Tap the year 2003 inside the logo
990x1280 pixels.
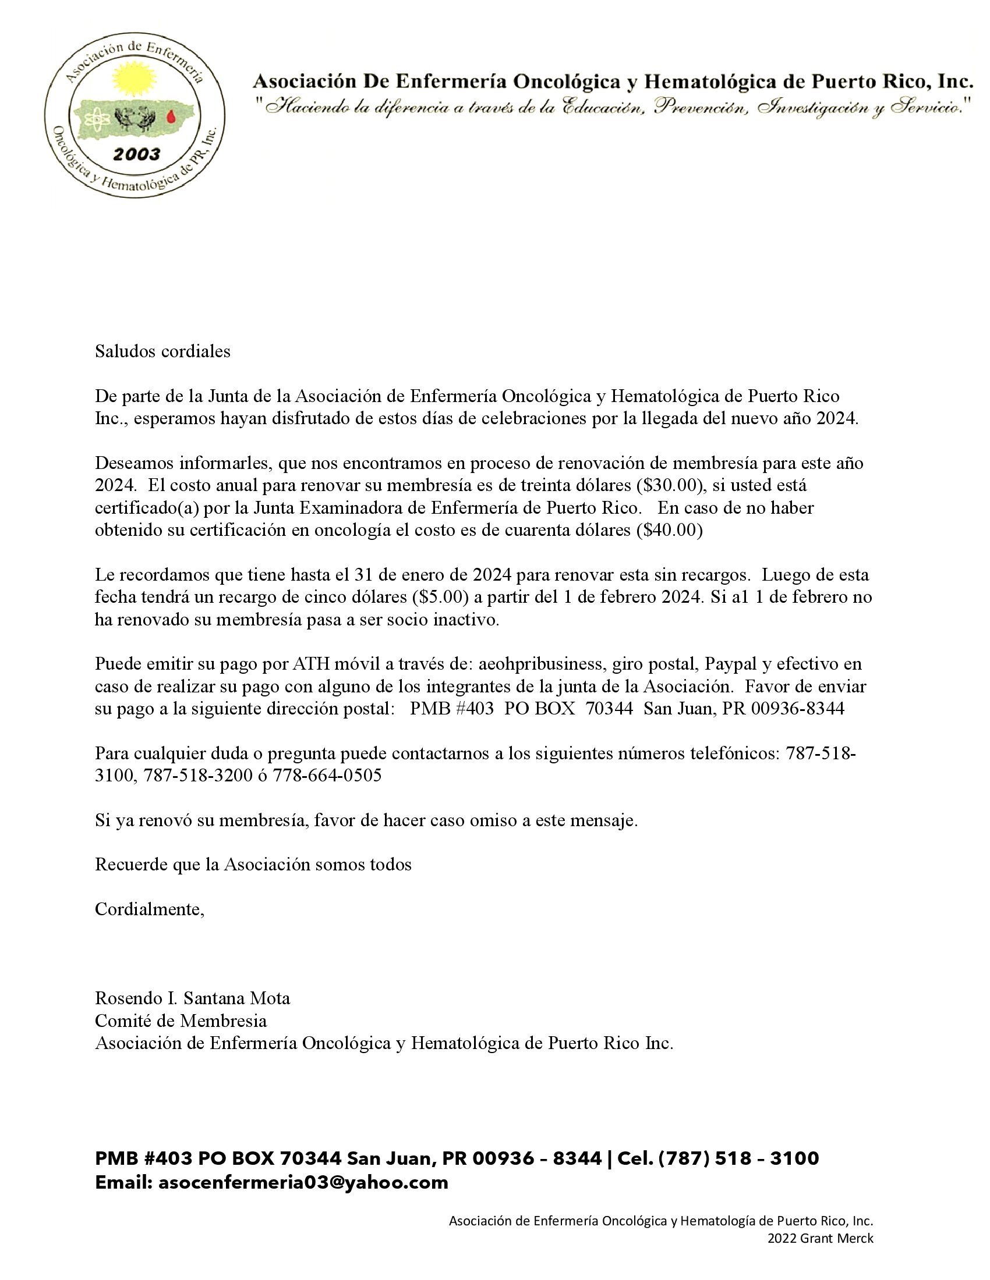tap(136, 155)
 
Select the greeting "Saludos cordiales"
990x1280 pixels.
tap(162, 351)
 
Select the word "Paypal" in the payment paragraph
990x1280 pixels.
tap(730, 663)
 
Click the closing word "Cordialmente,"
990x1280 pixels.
tap(150, 909)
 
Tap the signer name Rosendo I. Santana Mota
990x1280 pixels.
tap(192, 997)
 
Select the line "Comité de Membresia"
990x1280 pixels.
tap(181, 1021)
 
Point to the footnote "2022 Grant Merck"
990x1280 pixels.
tap(821, 1238)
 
